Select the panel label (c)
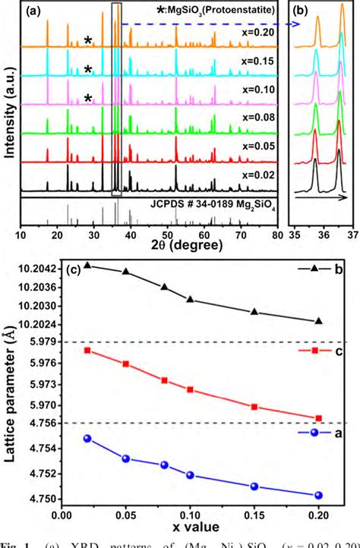[x=74, y=270]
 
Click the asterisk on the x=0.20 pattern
[x=89, y=41]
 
